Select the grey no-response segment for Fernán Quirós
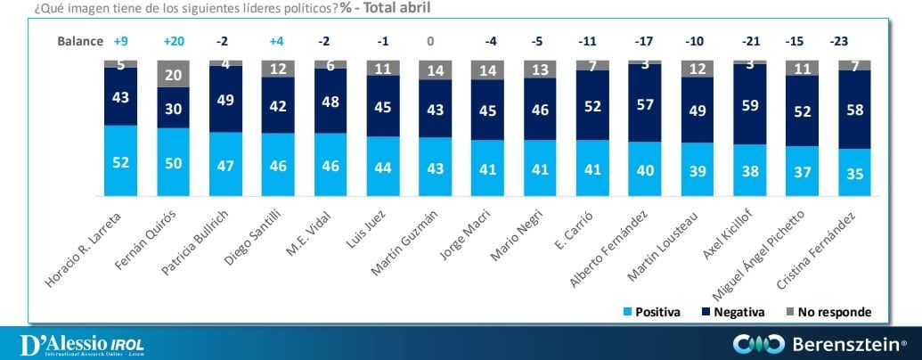point(172,75)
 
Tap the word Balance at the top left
point(81,42)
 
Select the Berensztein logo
point(819,344)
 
